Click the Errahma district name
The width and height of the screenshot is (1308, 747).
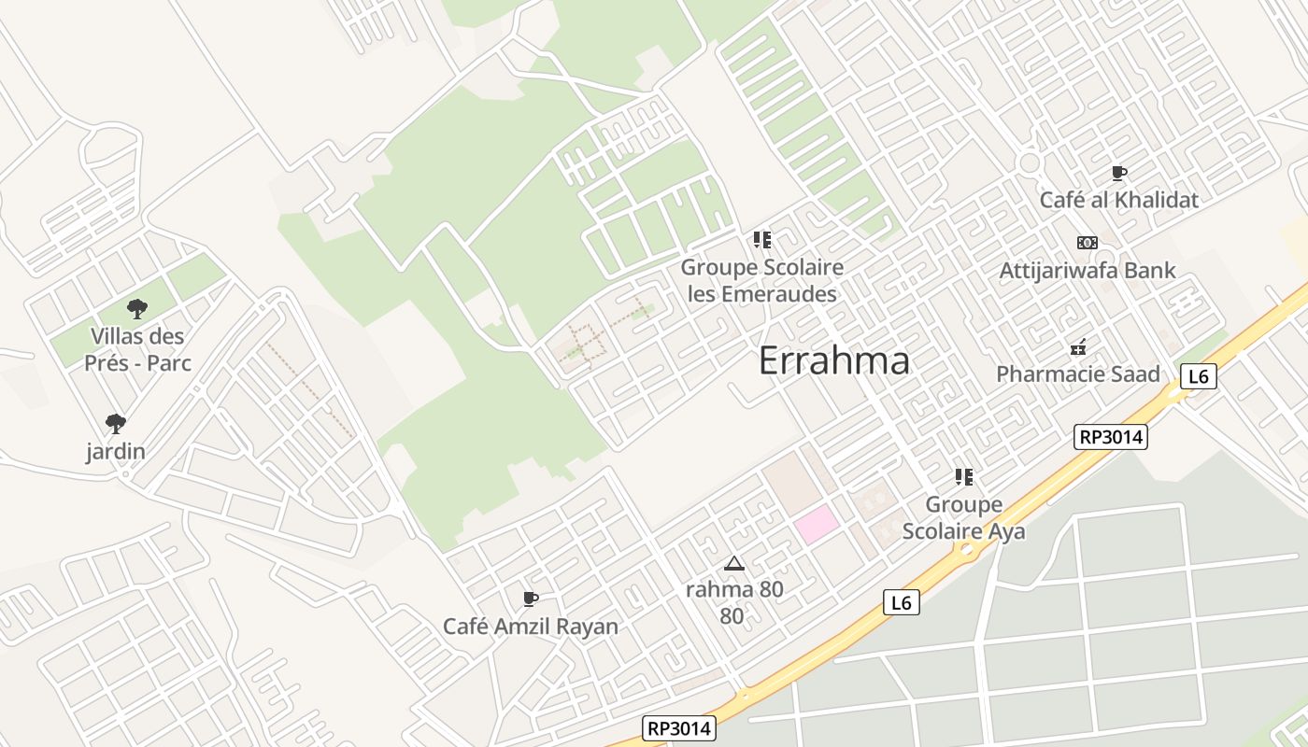click(833, 360)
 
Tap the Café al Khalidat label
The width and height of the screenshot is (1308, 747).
click(1118, 200)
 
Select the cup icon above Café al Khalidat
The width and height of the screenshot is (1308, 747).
click(1118, 173)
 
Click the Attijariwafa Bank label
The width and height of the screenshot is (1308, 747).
click(1087, 271)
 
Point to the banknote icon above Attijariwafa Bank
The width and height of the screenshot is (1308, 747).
click(1087, 243)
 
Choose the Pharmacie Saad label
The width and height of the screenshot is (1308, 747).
click(1077, 374)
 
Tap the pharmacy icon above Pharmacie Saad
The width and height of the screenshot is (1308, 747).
click(1078, 347)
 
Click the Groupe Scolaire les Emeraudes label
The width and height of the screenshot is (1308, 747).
click(761, 280)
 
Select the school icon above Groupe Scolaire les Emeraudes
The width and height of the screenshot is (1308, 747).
click(761, 240)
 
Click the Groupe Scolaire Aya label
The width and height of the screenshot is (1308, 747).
click(963, 517)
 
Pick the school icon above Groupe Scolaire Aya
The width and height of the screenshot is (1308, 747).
click(963, 477)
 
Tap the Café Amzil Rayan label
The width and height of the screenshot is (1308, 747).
click(530, 626)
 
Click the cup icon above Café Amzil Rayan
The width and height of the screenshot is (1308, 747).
click(530, 599)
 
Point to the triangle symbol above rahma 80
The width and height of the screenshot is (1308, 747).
click(734, 563)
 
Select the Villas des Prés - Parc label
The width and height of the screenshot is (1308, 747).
click(137, 348)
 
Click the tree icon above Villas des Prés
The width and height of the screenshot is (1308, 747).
click(137, 308)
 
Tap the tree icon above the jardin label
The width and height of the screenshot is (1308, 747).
click(116, 424)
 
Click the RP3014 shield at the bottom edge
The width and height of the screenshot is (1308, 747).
click(679, 728)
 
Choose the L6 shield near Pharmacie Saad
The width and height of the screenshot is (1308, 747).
click(1199, 376)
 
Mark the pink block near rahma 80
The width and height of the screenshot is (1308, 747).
click(817, 523)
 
